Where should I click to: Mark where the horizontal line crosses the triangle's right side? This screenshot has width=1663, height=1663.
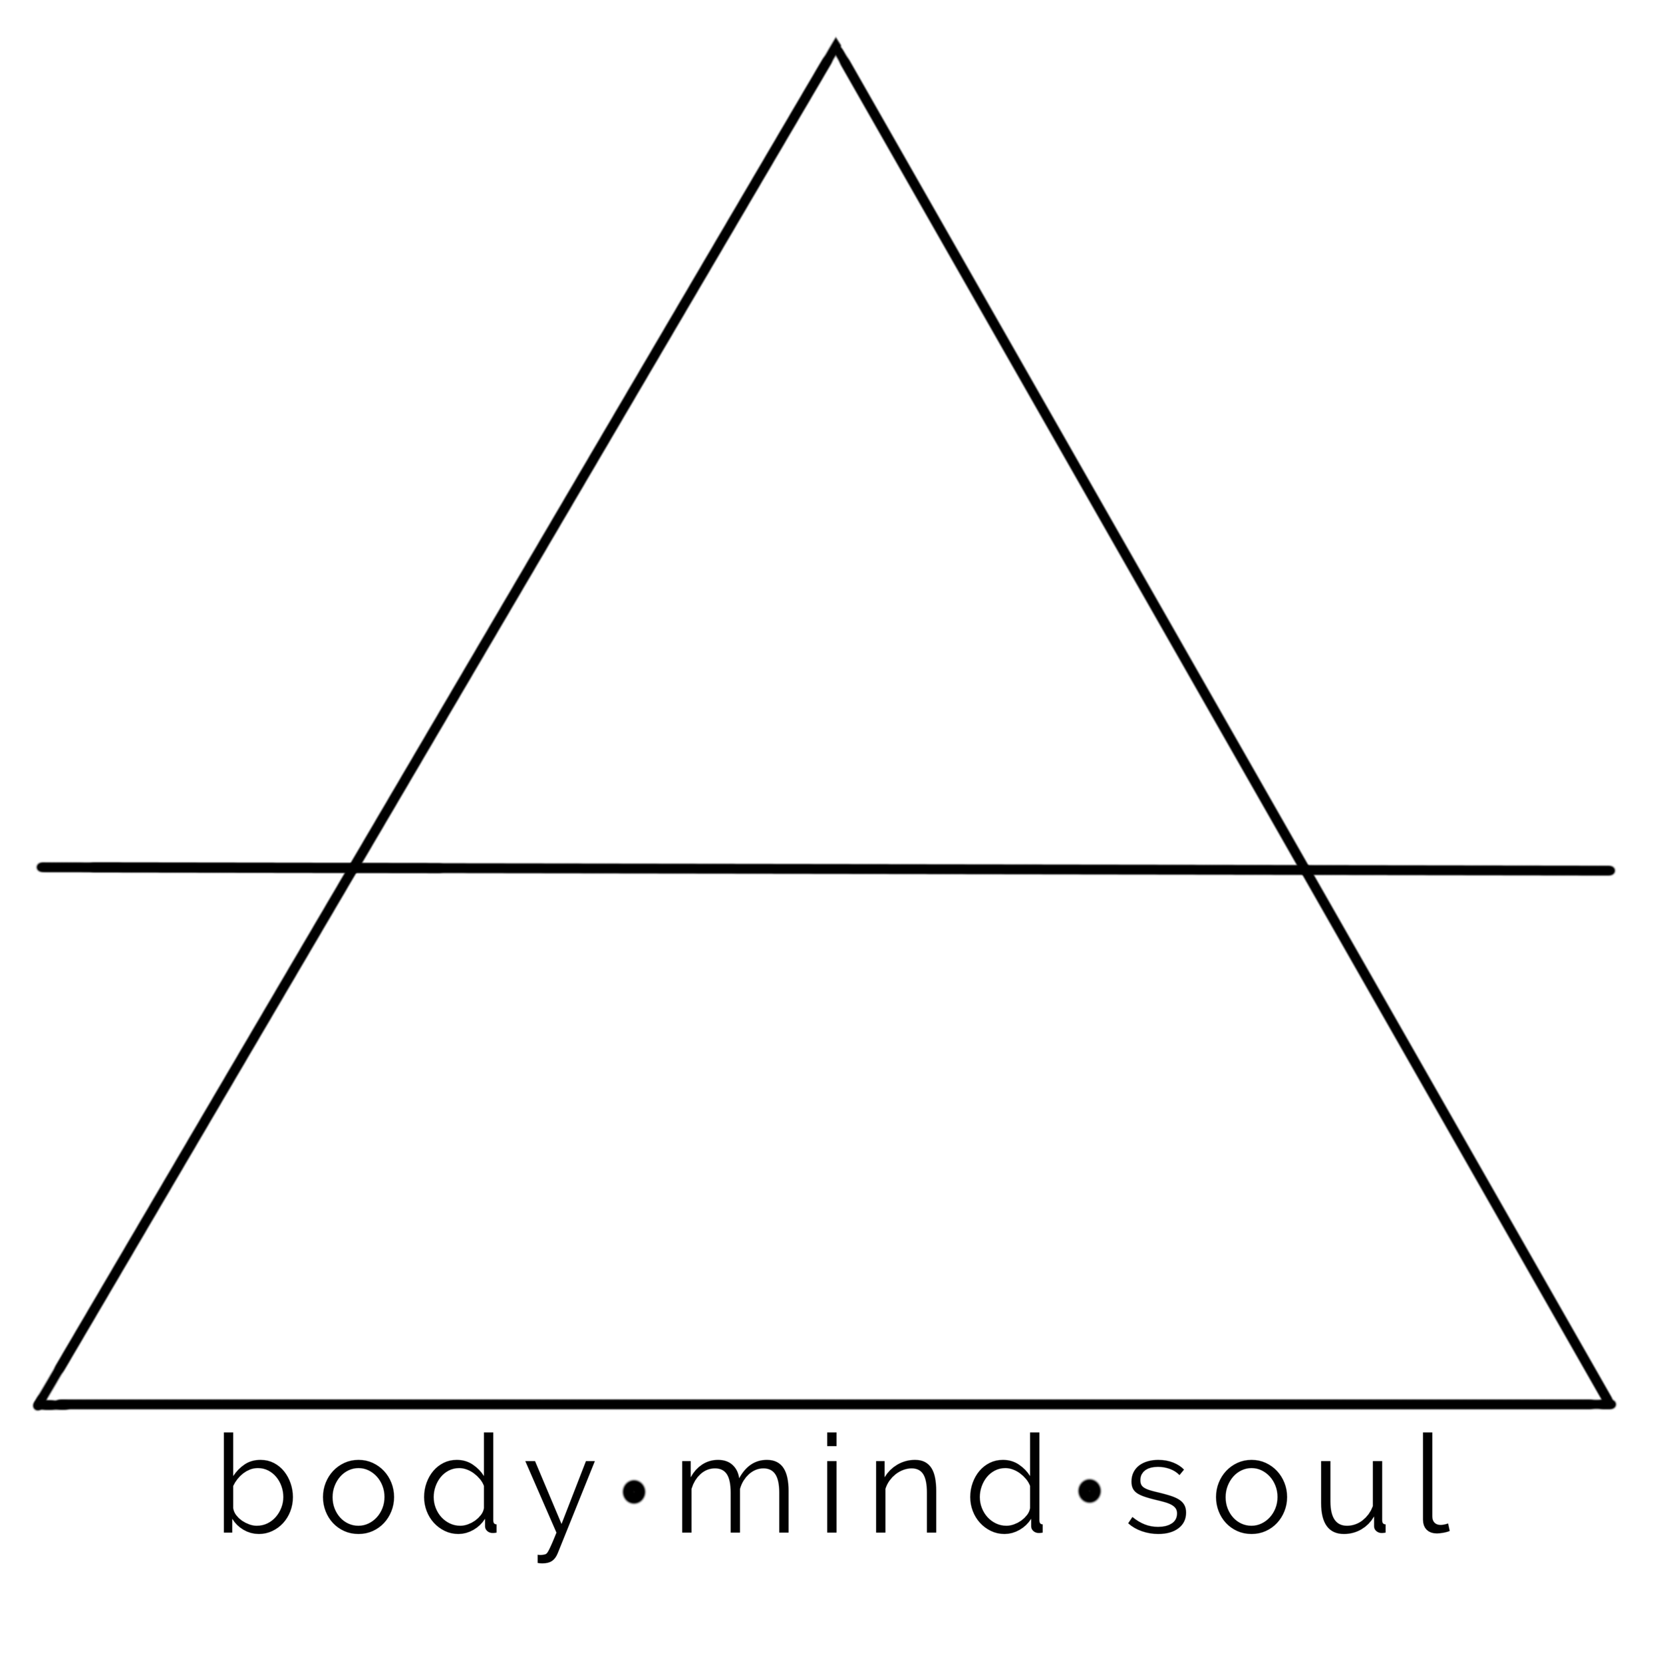tap(1306, 869)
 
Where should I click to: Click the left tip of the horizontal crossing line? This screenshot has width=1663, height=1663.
tap(41, 867)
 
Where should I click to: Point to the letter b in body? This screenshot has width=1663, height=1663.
tap(257, 1493)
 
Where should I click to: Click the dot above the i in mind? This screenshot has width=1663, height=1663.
tap(831, 1439)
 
